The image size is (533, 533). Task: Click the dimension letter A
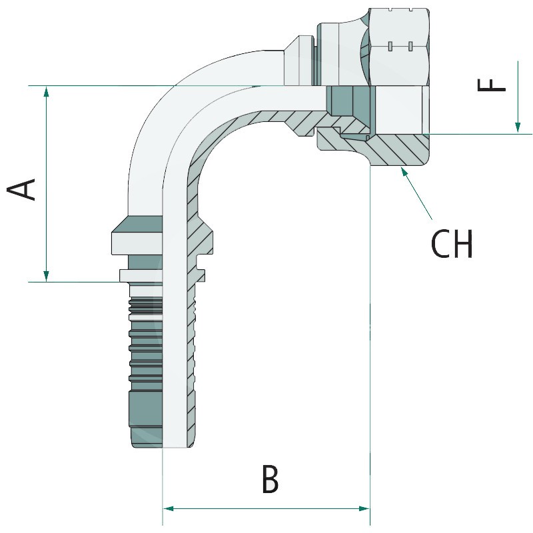[x=23, y=189]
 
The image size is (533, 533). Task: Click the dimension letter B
[x=270, y=480]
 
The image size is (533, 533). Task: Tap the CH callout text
[x=452, y=245]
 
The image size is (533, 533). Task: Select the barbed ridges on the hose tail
[x=143, y=340]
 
